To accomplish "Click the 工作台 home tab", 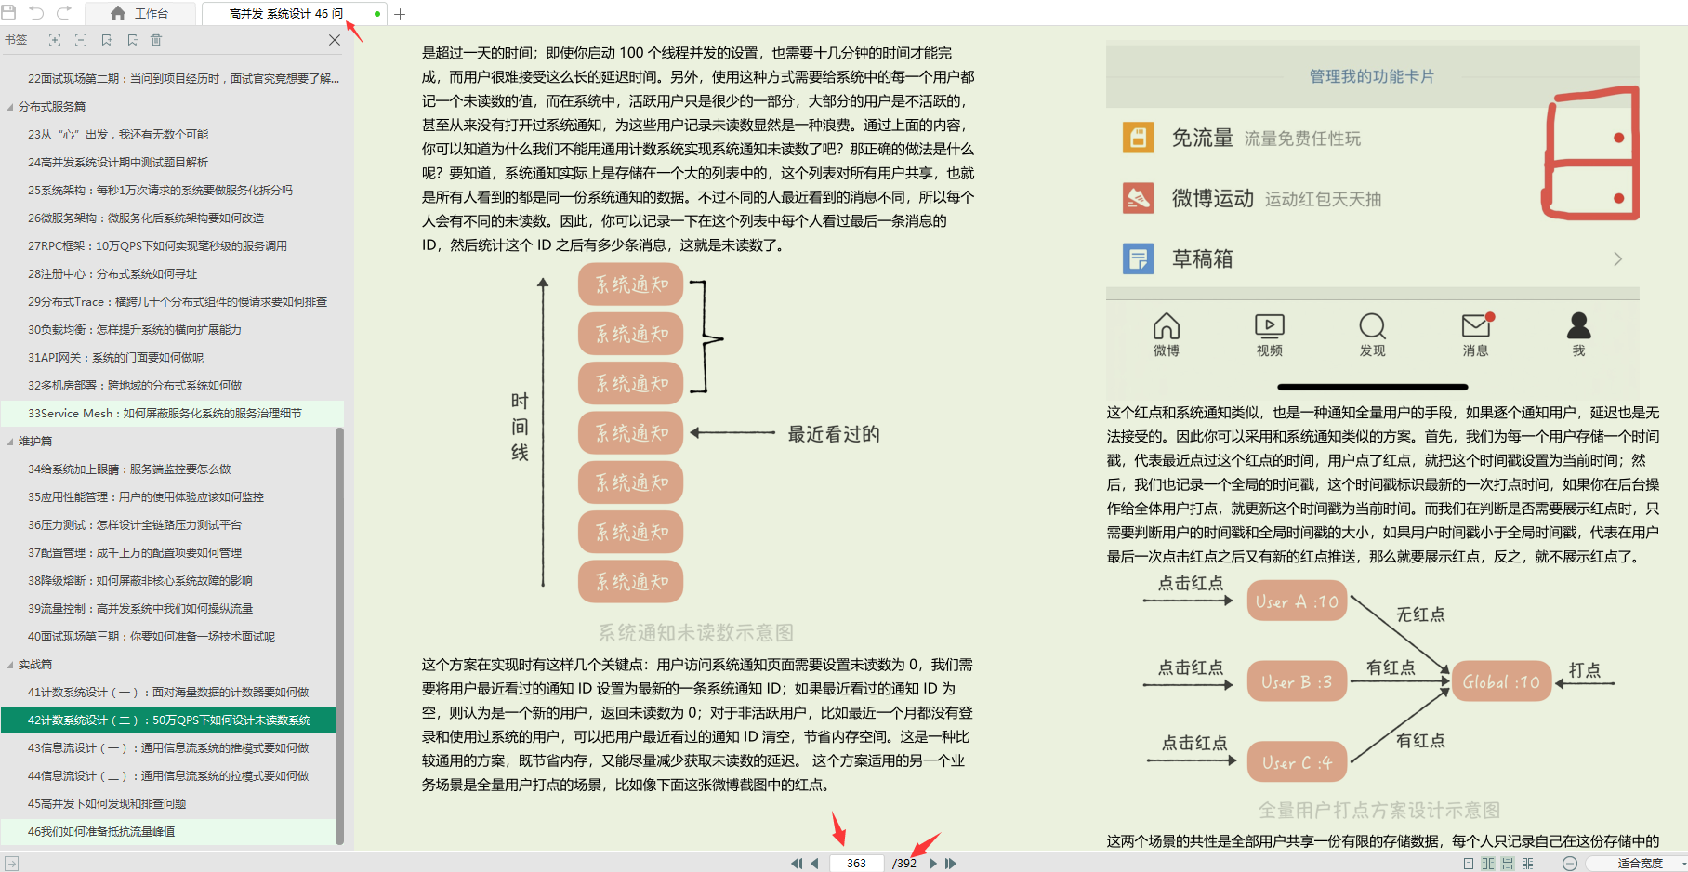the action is (x=140, y=14).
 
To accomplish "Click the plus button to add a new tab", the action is (x=400, y=14).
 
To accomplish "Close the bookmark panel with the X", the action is (x=335, y=40).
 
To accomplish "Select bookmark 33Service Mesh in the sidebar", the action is (x=165, y=414).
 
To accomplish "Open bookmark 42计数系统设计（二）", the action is (x=169, y=720).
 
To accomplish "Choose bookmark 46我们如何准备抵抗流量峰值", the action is (x=101, y=832).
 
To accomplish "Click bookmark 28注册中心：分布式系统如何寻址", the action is (x=112, y=274).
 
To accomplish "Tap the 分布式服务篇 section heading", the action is (x=52, y=107).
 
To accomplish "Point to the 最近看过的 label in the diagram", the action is (x=834, y=434).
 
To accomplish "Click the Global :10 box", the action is (x=1501, y=682).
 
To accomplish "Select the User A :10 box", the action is (x=1297, y=601).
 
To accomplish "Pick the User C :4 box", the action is (x=1297, y=762).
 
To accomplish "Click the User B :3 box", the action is (x=1297, y=682).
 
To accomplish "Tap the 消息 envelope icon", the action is (x=1475, y=326).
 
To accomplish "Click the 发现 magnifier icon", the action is (x=1372, y=326).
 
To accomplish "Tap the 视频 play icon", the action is (x=1269, y=325).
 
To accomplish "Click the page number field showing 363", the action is (x=856, y=863).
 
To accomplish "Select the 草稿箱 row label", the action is (x=1203, y=259).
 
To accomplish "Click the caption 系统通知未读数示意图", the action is (x=695, y=633).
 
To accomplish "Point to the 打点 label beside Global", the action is (x=1585, y=670).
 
